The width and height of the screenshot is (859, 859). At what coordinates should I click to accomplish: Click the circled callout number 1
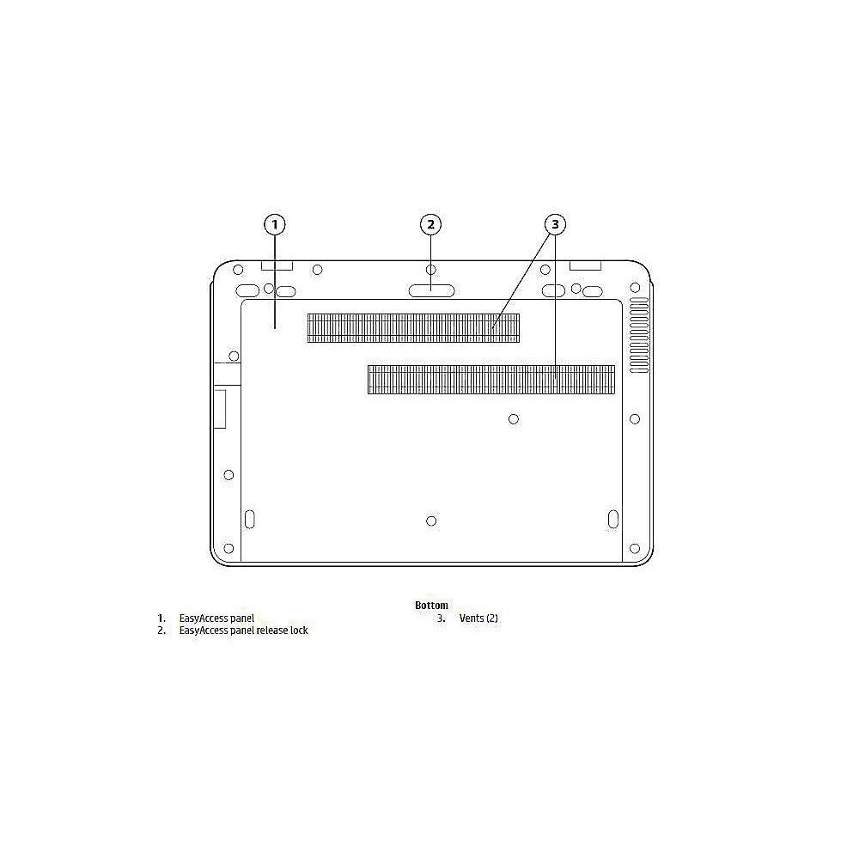coord(275,224)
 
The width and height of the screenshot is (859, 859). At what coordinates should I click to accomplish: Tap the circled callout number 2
coord(430,224)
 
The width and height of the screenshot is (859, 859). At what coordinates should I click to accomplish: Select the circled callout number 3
coord(555,224)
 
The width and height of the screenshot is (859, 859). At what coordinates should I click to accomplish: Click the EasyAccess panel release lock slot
coord(431,290)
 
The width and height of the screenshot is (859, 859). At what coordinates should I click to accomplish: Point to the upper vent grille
coord(413,328)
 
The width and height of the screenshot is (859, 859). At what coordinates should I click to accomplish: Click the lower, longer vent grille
coord(490,380)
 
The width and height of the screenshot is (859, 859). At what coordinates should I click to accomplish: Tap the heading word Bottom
coord(431,606)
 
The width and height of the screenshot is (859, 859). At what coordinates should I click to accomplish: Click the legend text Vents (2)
coord(478,618)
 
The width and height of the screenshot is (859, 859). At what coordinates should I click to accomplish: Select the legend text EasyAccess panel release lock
coord(243,631)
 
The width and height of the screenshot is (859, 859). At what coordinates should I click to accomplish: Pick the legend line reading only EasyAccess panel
coord(216,618)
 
